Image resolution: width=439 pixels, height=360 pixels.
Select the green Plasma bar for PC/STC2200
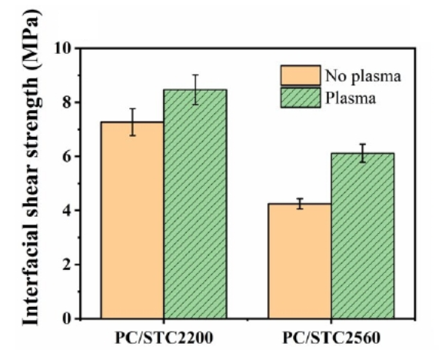pyautogui.click(x=195, y=204)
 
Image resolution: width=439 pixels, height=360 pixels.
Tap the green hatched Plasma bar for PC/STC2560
pyautogui.click(x=363, y=235)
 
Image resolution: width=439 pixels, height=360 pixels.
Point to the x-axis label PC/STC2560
pyautogui.click(x=331, y=338)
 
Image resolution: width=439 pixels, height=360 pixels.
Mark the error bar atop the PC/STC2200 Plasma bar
pyautogui.click(x=195, y=89)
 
